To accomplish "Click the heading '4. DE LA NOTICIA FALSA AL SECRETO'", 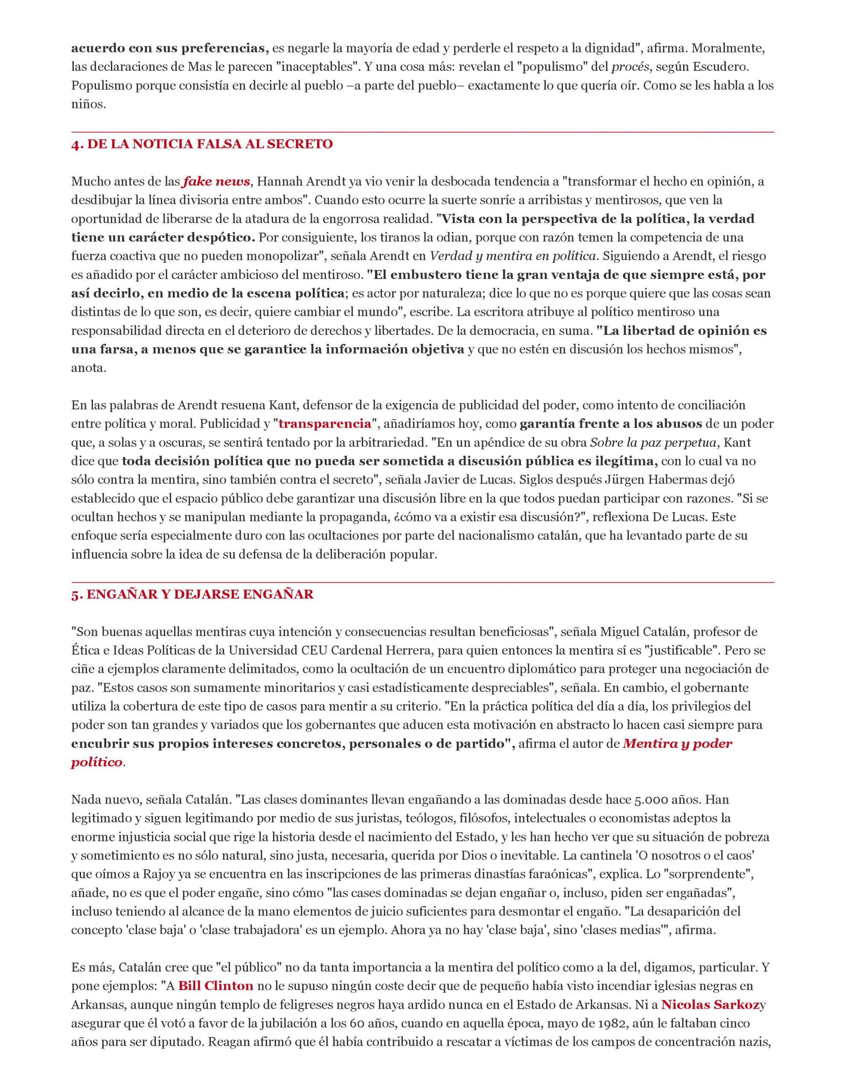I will coord(202,144).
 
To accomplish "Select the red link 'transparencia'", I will coord(324,424).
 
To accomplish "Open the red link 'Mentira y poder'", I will coord(678,743).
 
